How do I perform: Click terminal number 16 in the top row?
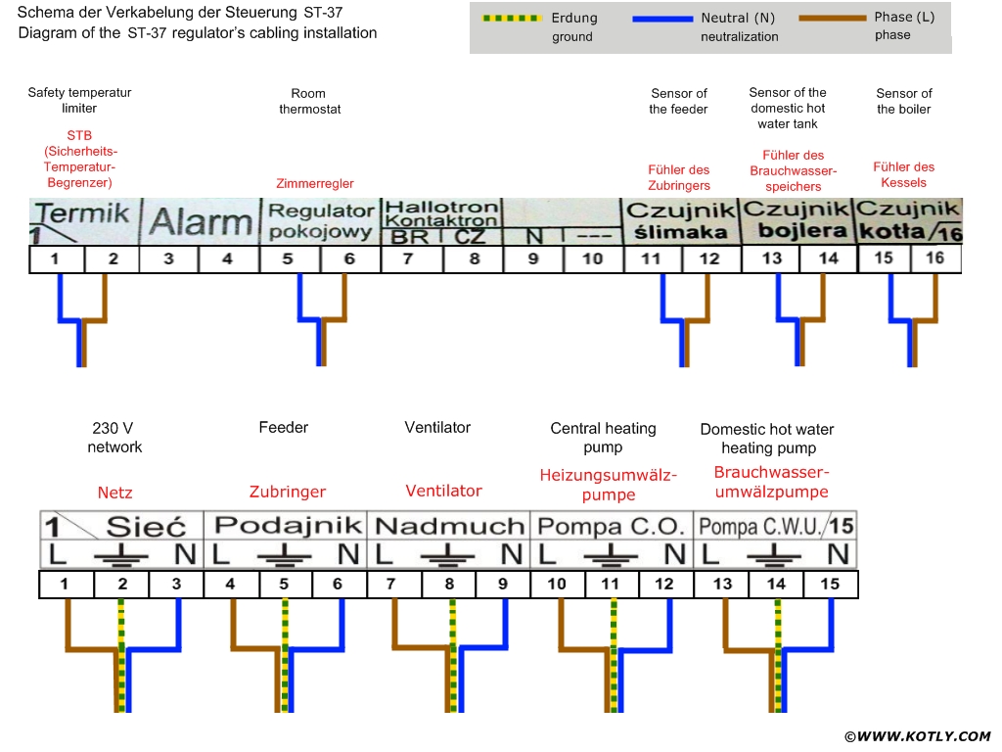(x=935, y=258)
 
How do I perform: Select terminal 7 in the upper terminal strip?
(x=408, y=259)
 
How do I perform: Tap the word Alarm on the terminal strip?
(x=201, y=222)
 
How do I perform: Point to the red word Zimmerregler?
(x=315, y=183)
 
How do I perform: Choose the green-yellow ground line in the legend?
(x=512, y=19)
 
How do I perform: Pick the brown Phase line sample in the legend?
(x=833, y=19)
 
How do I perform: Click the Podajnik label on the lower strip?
(x=285, y=525)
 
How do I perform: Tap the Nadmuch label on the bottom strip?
(x=449, y=526)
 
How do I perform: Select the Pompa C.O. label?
(x=612, y=526)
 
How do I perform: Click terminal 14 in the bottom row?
(x=776, y=585)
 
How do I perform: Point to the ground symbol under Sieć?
(x=121, y=556)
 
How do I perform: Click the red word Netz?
(x=114, y=493)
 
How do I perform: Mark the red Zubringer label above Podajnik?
(x=287, y=492)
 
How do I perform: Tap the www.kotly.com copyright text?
(x=917, y=735)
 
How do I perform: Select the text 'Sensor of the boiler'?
(x=904, y=101)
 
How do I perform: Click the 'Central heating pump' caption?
(x=603, y=437)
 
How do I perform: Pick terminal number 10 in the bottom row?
(x=557, y=585)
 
